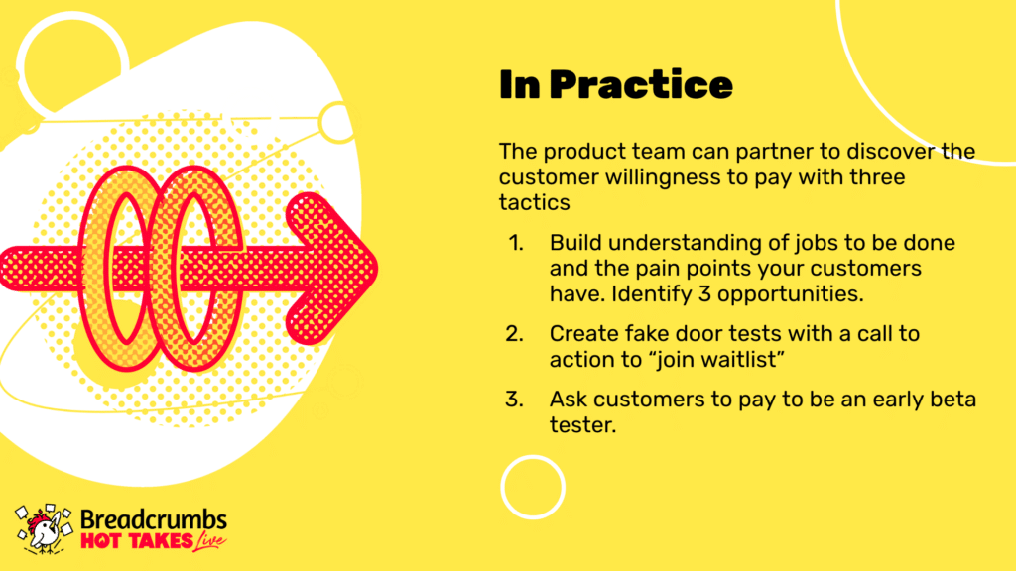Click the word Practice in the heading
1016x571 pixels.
pyautogui.click(x=641, y=85)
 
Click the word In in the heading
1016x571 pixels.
pyautogui.click(x=520, y=85)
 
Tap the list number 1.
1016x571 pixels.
pyautogui.click(x=516, y=243)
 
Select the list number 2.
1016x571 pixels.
pyautogui.click(x=515, y=334)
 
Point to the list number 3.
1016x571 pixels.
pyautogui.click(x=515, y=400)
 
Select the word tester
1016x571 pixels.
pyautogui.click(x=582, y=425)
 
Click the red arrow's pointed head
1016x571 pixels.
pyautogui.click(x=376, y=268)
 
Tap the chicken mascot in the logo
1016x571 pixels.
pyautogui.click(x=44, y=529)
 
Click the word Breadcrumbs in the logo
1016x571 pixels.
pyautogui.click(x=154, y=519)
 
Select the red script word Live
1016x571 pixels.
pyautogui.click(x=210, y=542)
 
